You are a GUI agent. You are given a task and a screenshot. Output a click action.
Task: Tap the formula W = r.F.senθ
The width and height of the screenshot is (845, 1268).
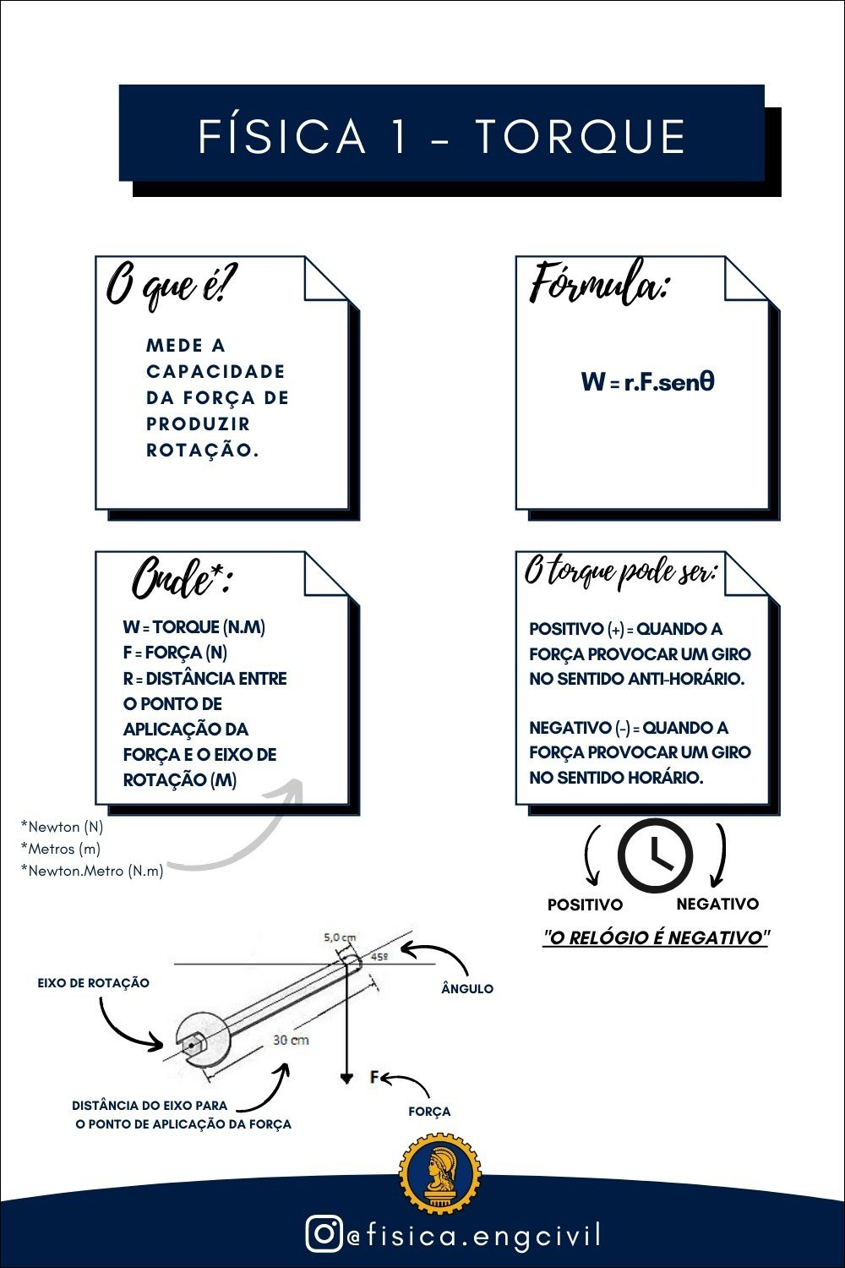point(648,382)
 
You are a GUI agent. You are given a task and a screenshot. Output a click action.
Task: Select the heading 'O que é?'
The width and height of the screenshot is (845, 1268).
point(172,285)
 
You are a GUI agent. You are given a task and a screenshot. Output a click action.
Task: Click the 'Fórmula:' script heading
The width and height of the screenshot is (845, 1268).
point(599,283)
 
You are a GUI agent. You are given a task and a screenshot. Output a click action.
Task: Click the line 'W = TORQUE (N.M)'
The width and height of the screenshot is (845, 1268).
point(194,627)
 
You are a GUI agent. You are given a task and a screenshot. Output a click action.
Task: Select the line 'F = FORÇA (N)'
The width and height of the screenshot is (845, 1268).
point(175,653)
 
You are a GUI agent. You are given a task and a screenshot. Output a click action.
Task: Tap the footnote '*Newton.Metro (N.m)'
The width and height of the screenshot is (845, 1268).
point(92,871)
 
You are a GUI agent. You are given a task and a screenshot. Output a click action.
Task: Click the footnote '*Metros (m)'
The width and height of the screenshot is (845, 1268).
point(61,849)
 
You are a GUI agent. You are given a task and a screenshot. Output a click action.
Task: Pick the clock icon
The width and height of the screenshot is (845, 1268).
point(655,855)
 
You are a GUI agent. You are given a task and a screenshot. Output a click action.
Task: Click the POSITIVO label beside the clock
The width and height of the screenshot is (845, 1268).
point(585,905)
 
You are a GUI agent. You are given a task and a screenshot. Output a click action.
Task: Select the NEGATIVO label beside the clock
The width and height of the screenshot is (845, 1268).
point(717,904)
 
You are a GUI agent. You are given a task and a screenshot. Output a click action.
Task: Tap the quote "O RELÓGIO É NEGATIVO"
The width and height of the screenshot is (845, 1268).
point(656,937)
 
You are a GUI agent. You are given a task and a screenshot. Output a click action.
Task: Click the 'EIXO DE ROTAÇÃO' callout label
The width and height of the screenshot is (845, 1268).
point(93,983)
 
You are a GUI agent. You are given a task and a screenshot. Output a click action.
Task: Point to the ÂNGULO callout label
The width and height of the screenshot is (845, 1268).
point(467,988)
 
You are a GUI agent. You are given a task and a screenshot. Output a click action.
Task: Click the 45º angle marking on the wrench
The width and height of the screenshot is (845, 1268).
point(379,957)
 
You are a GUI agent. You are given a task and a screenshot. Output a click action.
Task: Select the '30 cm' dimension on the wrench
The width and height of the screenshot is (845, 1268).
point(291,1040)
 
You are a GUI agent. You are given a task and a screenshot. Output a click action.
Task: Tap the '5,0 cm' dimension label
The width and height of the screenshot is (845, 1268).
point(340,937)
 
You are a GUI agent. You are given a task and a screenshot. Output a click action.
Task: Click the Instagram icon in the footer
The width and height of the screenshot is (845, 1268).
point(324,1234)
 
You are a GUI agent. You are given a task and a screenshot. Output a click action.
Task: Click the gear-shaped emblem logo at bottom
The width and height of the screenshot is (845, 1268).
point(439,1174)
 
